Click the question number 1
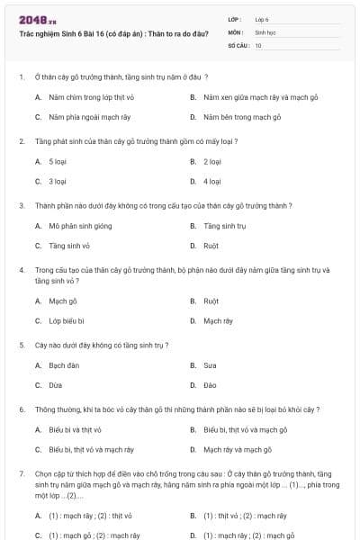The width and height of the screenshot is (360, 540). [21, 77]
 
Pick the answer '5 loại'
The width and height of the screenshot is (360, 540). [58, 162]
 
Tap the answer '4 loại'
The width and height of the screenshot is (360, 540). [212, 182]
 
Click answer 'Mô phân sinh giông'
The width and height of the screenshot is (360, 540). [80, 227]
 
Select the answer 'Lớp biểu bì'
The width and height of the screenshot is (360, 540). [67, 320]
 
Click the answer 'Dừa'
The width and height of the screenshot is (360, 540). [56, 385]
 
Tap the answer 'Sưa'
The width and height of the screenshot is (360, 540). [211, 365]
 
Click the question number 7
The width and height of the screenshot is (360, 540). [21, 473]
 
